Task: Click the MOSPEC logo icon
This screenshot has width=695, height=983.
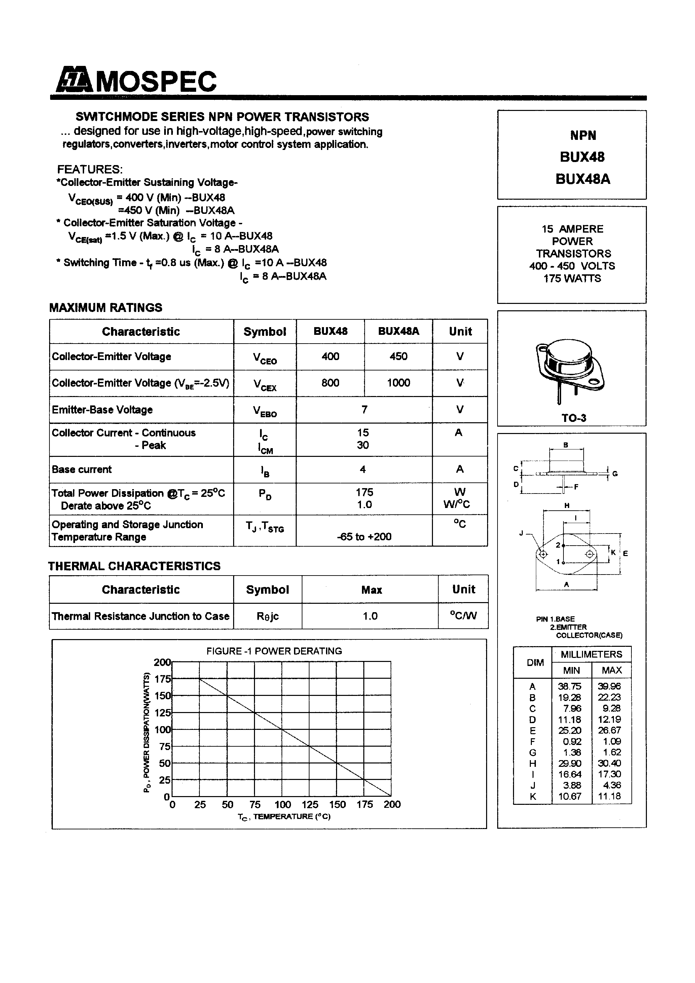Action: pos(74,80)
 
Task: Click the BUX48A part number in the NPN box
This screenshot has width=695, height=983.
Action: pos(582,179)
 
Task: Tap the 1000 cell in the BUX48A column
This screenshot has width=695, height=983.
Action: pos(398,383)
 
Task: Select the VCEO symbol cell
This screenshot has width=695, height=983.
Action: pos(264,357)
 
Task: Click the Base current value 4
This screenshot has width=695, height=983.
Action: pos(363,469)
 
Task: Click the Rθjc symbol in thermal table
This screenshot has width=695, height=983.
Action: pos(267,616)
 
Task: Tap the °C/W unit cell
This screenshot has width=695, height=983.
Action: pos(463,616)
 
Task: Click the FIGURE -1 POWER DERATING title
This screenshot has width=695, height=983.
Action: pos(274,651)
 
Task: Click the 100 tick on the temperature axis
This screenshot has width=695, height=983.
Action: pos(282,804)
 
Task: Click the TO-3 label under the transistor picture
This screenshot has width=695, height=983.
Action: pos(573,418)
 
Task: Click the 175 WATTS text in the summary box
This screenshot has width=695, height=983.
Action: pos(572,278)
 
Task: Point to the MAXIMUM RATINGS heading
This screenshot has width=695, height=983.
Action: pos(106,307)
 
